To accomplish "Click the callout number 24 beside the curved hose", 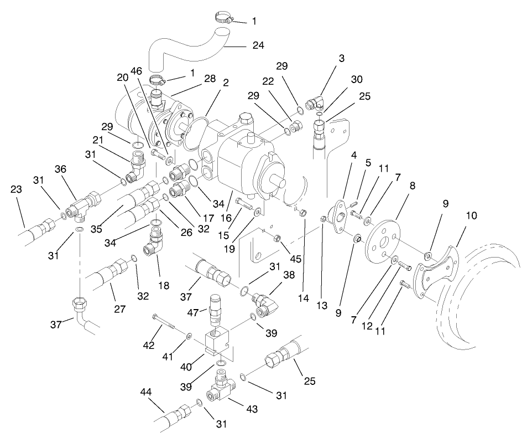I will click(x=258, y=47).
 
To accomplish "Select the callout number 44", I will click(x=146, y=392).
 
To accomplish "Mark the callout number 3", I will click(x=342, y=58).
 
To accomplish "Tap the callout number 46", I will click(x=137, y=71).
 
